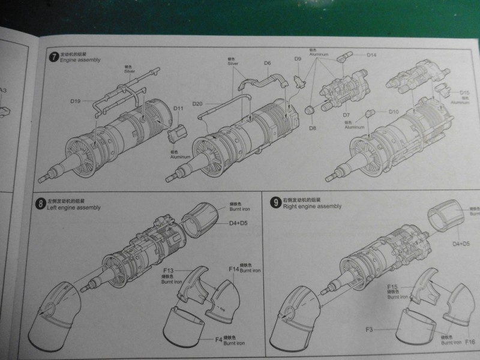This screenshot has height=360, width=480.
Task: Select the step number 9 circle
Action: coord(275,202)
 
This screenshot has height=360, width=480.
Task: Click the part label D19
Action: coord(75,101)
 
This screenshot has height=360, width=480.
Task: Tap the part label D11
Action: coord(178,109)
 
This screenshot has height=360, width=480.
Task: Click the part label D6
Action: coord(268,62)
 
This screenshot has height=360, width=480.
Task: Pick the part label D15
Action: coord(464,92)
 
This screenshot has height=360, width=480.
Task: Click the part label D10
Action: coord(394,112)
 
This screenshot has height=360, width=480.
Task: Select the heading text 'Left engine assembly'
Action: coord(75,208)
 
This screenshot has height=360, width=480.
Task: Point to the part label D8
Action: coord(312,128)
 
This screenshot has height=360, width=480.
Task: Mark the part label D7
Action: coord(346,115)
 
